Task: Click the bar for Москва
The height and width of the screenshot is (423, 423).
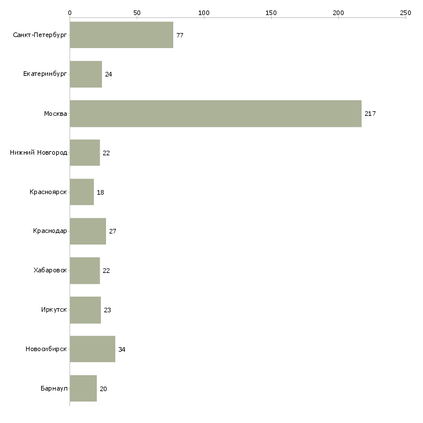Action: click(x=216, y=114)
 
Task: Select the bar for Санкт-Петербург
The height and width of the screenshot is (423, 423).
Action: click(x=122, y=35)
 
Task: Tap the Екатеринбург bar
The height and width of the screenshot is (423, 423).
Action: click(x=86, y=74)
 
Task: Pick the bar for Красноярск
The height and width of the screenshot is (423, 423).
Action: click(x=82, y=192)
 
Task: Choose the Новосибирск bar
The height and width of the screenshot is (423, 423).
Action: click(x=93, y=349)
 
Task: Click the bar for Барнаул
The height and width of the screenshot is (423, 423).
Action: click(x=83, y=388)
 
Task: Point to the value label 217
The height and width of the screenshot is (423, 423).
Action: click(x=370, y=114)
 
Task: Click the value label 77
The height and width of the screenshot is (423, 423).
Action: click(x=180, y=35)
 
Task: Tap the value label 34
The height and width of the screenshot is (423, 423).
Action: click(x=122, y=349)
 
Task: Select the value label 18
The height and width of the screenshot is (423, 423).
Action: click(x=100, y=192)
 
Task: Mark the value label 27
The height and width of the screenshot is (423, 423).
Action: click(x=112, y=231)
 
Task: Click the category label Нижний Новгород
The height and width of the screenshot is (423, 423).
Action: click(x=39, y=153)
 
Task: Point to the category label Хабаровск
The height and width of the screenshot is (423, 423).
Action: click(x=50, y=270)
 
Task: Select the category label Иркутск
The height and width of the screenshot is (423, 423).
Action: click(x=54, y=309)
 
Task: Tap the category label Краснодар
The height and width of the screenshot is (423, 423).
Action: click(x=50, y=231)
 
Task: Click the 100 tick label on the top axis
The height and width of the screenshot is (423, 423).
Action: click(x=204, y=13)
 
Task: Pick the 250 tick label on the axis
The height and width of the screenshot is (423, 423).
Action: click(x=406, y=13)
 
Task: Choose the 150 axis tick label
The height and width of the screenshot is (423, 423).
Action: click(x=271, y=13)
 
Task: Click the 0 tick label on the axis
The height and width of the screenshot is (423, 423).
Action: click(x=70, y=13)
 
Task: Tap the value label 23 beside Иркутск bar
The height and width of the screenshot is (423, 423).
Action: click(x=107, y=310)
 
